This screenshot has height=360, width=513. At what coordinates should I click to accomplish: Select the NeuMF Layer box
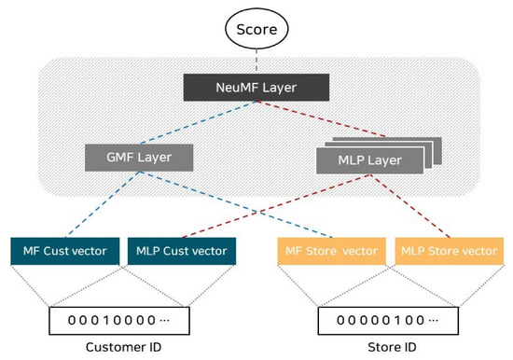click(x=256, y=89)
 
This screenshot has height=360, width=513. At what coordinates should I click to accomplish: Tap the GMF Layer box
click(x=139, y=157)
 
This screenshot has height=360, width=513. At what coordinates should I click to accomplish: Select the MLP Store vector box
click(x=447, y=251)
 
